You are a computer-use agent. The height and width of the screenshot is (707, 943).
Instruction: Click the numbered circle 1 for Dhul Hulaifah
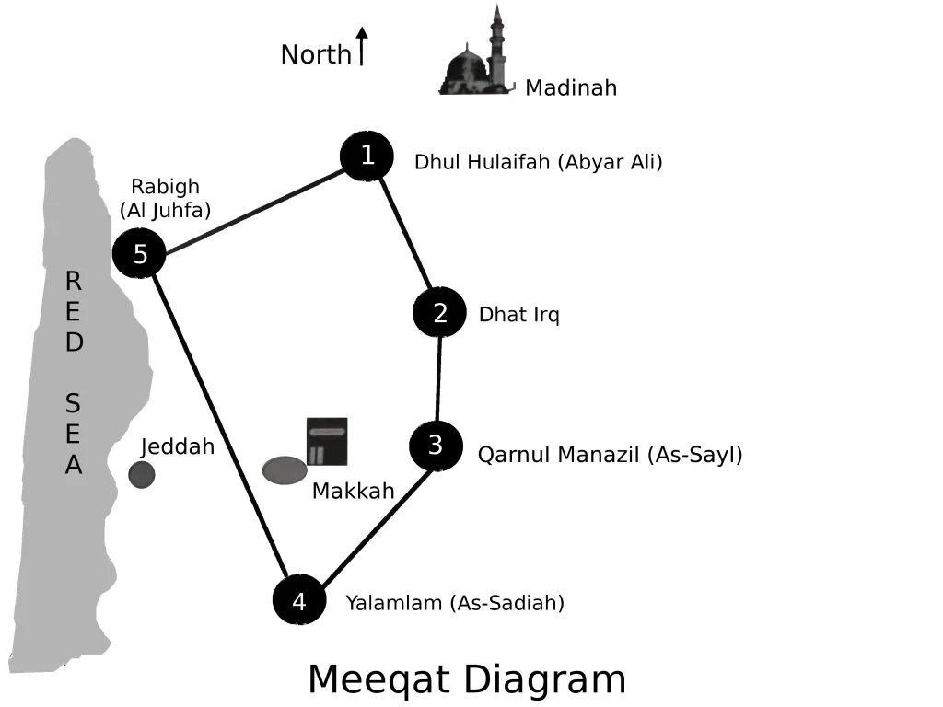[367, 156]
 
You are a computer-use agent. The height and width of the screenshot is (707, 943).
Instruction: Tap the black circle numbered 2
[439, 313]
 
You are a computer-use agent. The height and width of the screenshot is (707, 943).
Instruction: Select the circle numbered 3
[436, 446]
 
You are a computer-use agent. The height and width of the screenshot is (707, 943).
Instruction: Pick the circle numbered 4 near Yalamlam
[299, 601]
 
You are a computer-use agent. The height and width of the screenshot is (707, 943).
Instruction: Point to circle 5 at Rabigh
[139, 254]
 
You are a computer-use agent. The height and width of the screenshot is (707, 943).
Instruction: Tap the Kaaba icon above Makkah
[327, 441]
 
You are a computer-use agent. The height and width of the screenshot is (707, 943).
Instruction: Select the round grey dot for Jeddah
[142, 475]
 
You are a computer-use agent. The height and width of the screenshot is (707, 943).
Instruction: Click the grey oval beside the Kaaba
[285, 469]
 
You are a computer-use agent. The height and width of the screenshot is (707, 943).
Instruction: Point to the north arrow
[362, 46]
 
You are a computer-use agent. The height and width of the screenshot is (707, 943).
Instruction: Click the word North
[316, 55]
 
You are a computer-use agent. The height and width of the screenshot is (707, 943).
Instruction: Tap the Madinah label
[571, 88]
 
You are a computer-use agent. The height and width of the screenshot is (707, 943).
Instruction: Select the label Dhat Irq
[518, 315]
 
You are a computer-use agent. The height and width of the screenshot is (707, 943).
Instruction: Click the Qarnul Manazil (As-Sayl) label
[610, 455]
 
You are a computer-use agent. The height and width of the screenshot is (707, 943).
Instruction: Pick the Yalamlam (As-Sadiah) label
[455, 604]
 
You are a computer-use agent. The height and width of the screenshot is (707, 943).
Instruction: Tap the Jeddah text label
[178, 447]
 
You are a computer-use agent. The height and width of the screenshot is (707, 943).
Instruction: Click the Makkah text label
[353, 492]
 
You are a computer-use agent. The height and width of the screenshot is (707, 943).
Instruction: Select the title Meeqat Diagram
[467, 680]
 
